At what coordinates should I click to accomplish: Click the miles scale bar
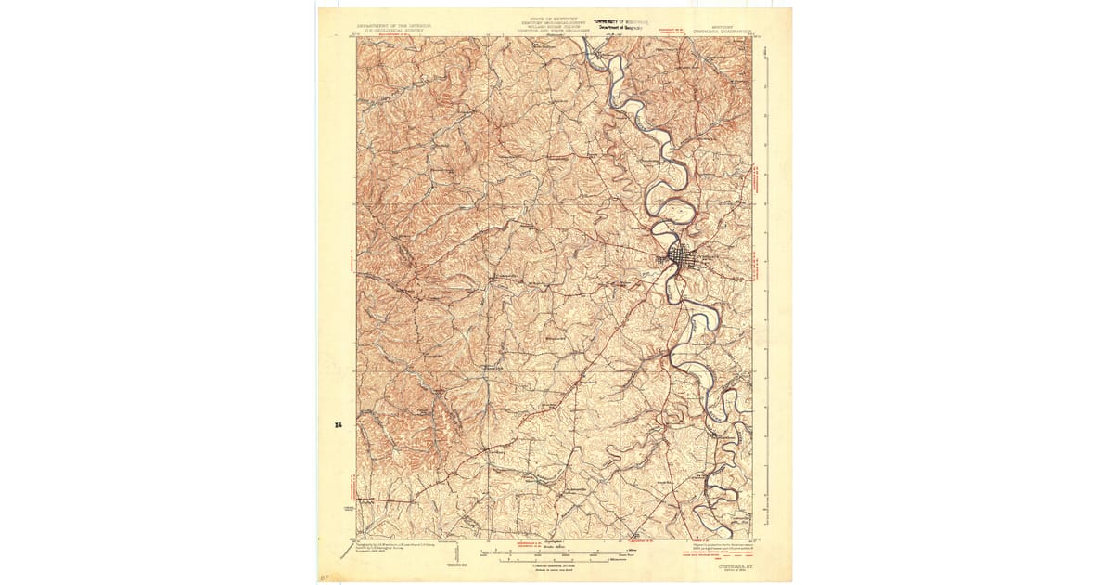point(556,550)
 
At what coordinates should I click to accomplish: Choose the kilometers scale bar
point(556,560)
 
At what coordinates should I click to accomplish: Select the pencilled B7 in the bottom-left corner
point(325,577)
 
